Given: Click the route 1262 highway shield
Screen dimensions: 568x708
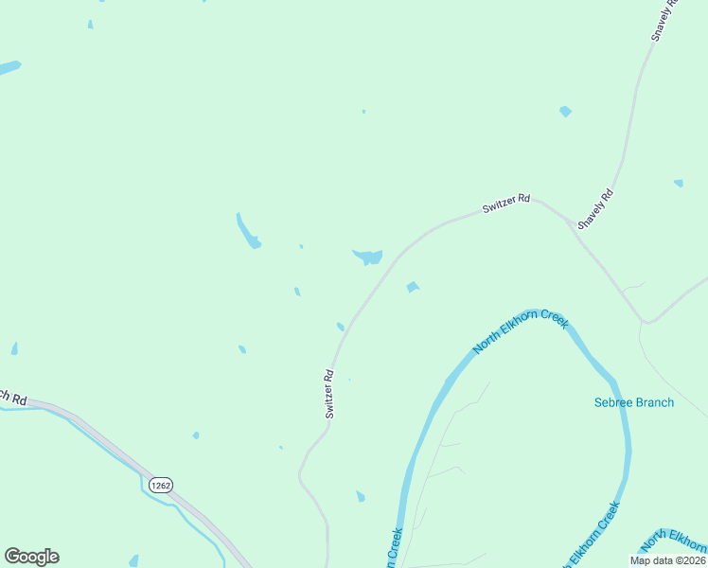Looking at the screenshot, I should (x=160, y=485).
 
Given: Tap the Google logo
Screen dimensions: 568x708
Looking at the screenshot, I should (x=31, y=557).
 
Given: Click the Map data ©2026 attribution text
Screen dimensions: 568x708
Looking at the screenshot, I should (x=667, y=560).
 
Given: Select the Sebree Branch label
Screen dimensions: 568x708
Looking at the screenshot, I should (x=634, y=402).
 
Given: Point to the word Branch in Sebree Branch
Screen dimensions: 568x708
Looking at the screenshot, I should (x=655, y=402).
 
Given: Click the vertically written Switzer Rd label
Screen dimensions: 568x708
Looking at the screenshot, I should (x=329, y=393).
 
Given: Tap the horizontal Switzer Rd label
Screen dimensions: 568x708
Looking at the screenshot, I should (x=506, y=204).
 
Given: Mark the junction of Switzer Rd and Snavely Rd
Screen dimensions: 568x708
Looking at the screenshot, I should (x=571, y=224).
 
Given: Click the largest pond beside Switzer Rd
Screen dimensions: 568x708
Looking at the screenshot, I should (x=367, y=257).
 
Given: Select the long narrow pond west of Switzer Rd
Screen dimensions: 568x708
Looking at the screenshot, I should (x=247, y=230).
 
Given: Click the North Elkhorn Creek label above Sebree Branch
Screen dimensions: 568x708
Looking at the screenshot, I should (x=521, y=331).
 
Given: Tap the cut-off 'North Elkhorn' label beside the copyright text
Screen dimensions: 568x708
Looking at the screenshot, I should (x=674, y=541).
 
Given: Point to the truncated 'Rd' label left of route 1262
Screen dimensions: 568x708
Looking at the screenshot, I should (x=13, y=397).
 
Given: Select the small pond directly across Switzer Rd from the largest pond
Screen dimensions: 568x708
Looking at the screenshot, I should (x=412, y=287).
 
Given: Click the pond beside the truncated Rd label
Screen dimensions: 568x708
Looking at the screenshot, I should (x=14, y=349).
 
